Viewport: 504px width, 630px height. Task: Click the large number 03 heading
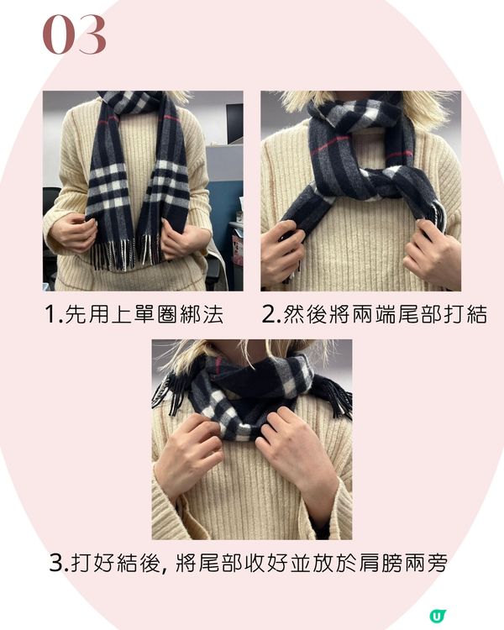75,34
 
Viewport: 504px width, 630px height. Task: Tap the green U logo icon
438,616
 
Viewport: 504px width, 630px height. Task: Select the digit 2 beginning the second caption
269,314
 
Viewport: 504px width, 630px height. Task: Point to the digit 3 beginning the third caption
56,563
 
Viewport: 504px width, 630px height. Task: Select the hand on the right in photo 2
432,250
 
